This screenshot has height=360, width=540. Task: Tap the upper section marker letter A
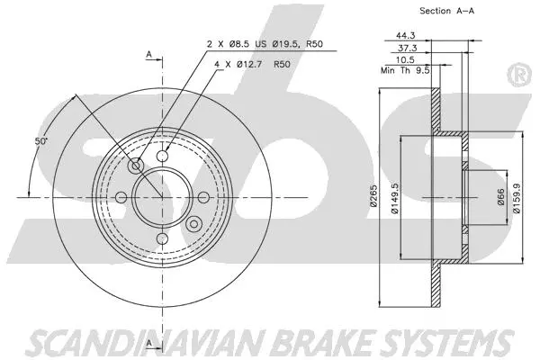point(148,55)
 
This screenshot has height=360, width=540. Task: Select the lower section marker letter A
point(148,338)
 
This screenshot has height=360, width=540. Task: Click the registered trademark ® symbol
point(518,76)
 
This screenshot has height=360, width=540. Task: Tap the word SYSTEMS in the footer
point(437,341)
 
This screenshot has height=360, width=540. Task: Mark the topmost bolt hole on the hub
point(162,157)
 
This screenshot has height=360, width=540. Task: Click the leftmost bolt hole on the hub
point(121,196)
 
